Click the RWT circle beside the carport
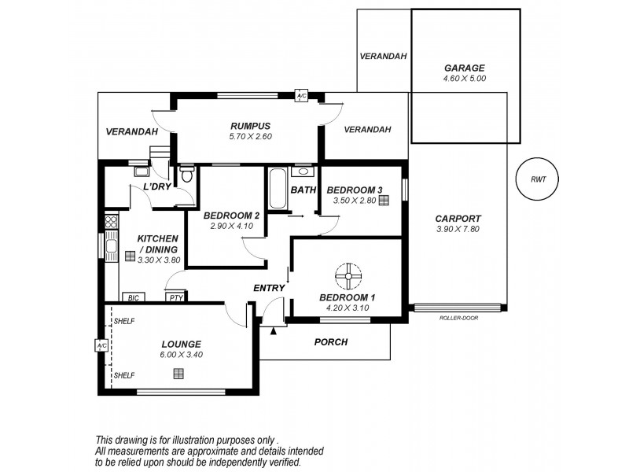[x=538, y=179]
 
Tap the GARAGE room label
[x=465, y=68]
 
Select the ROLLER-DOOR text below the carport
[x=458, y=318]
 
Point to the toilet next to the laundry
[x=186, y=175]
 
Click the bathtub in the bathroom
[x=276, y=190]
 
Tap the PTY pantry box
[x=175, y=297]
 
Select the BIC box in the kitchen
[x=133, y=297]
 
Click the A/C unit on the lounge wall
[x=101, y=345]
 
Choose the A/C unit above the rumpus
[x=301, y=96]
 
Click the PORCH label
[x=330, y=342]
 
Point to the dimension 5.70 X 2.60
[x=250, y=136]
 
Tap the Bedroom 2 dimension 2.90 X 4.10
[x=230, y=227]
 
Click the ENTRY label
[x=268, y=289]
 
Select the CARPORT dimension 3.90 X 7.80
[x=458, y=230]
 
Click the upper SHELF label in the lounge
[x=123, y=322]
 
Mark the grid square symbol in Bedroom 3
[x=384, y=201]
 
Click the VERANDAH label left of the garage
[x=383, y=57]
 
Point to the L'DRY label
[x=157, y=187]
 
